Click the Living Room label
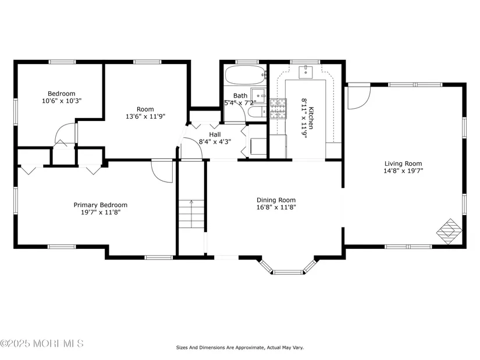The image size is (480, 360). coord(403,163)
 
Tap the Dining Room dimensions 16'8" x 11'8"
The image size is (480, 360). coord(276,207)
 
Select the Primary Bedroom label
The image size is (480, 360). coord(101,205)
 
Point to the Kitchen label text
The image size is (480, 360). coord(311,118)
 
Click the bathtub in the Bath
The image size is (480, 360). coord(245,75)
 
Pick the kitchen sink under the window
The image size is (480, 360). coord(305,72)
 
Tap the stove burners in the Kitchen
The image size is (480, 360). coord(278,108)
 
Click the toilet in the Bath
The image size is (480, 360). coord(257,112)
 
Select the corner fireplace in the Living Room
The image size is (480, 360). coord(449,231)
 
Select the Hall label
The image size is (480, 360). coord(215,134)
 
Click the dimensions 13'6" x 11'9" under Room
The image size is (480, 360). coord(145,116)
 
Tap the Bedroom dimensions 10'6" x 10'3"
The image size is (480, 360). coord(62,101)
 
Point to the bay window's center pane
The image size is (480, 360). coord(288,272)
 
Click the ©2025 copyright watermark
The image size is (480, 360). coord(42,344)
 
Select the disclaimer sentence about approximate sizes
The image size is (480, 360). coord(240,347)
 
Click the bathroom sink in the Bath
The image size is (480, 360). coord(258,96)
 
